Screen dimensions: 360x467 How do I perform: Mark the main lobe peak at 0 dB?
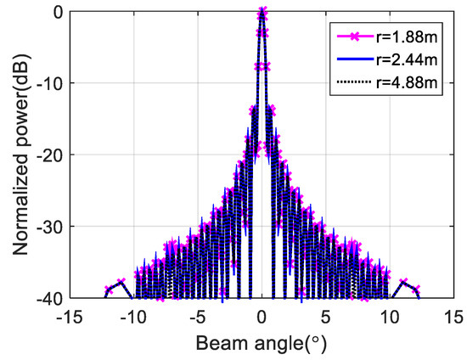tap(262, 12)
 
